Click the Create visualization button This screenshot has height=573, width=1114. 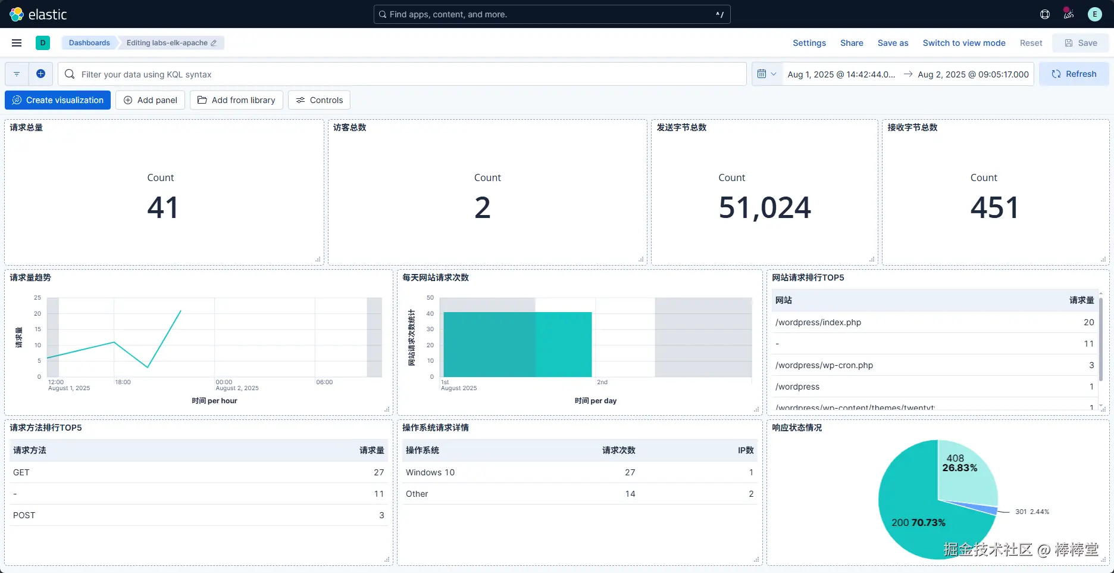click(58, 100)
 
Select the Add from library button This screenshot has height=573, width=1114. click(236, 100)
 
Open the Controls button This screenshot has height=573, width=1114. click(319, 100)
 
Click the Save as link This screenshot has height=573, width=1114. click(893, 43)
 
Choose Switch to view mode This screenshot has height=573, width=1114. click(964, 43)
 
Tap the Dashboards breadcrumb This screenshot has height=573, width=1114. click(89, 43)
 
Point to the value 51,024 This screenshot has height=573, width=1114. click(765, 207)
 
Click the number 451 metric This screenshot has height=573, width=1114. click(994, 207)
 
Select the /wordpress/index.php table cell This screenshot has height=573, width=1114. click(818, 322)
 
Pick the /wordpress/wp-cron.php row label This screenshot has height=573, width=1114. click(824, 365)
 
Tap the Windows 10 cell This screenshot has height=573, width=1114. click(430, 472)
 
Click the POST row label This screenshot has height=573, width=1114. click(24, 515)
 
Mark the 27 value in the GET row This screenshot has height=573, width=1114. click(379, 472)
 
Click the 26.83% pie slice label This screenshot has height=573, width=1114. click(960, 468)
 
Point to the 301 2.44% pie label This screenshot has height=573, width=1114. click(1032, 512)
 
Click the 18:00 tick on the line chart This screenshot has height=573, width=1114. click(123, 382)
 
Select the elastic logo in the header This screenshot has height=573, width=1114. click(39, 14)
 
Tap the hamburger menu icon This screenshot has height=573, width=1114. click(17, 43)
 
